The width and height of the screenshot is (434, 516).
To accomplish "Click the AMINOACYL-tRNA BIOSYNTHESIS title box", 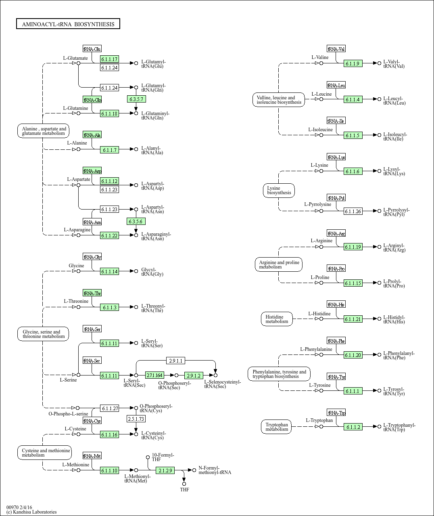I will pyautogui.click(x=68, y=24).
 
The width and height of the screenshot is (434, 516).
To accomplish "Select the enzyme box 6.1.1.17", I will pyautogui.click(x=109, y=59).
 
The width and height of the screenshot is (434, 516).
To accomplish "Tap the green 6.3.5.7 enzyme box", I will pyautogui.click(x=136, y=99).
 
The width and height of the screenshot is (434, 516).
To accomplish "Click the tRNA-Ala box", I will pyautogui.click(x=92, y=135).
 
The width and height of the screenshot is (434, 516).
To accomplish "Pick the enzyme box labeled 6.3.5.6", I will pyautogui.click(x=136, y=222).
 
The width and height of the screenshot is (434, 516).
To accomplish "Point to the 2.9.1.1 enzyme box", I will pyautogui.click(x=176, y=361).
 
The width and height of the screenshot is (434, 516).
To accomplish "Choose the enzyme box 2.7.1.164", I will pyautogui.click(x=154, y=375).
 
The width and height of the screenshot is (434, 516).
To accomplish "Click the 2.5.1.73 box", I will pyautogui.click(x=136, y=419).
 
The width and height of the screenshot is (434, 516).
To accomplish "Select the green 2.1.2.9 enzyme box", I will pyautogui.click(x=165, y=470).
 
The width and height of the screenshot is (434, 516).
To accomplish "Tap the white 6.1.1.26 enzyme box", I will pyautogui.click(x=353, y=211).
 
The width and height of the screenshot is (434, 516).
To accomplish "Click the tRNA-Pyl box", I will pyautogui.click(x=336, y=198).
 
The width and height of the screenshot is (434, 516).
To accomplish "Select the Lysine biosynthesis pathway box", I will pyautogui.click(x=279, y=191).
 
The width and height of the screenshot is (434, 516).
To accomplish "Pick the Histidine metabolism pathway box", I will pyautogui.click(x=277, y=319).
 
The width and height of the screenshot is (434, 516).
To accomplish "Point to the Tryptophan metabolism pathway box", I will pyautogui.click(x=277, y=427).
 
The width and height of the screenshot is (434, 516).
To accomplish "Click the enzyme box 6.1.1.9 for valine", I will pyautogui.click(x=353, y=64).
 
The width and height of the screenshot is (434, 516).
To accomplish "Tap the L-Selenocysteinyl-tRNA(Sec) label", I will pyautogui.click(x=222, y=384).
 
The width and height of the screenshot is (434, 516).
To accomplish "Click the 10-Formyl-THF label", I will pyautogui.click(x=163, y=457).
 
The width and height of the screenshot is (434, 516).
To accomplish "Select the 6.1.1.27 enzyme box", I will pyautogui.click(x=110, y=409).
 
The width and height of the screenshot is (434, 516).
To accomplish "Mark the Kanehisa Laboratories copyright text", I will pyautogui.click(x=31, y=512).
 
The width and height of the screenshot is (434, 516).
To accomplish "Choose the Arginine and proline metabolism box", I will pyautogui.click(x=279, y=264).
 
